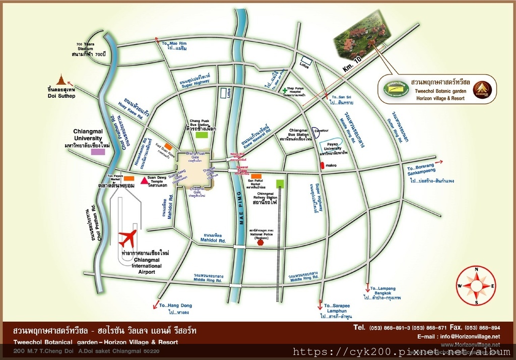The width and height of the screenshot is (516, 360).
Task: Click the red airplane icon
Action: pyautogui.click(x=127, y=238)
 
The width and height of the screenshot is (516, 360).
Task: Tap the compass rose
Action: pyautogui.click(x=476, y=285)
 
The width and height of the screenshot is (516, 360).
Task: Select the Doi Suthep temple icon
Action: pyautogui.click(x=61, y=80)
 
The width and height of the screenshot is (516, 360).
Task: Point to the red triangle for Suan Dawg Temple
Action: pyautogui.click(x=144, y=180)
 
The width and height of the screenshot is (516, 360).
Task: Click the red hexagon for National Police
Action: pyautogui.click(x=261, y=242)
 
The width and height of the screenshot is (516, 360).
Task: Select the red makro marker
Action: pyautogui.click(x=322, y=165)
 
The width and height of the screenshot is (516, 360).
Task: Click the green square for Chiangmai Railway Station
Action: pyautogui.click(x=280, y=184)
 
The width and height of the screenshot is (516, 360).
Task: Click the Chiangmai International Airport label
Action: pyautogui.click(x=147, y=266)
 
